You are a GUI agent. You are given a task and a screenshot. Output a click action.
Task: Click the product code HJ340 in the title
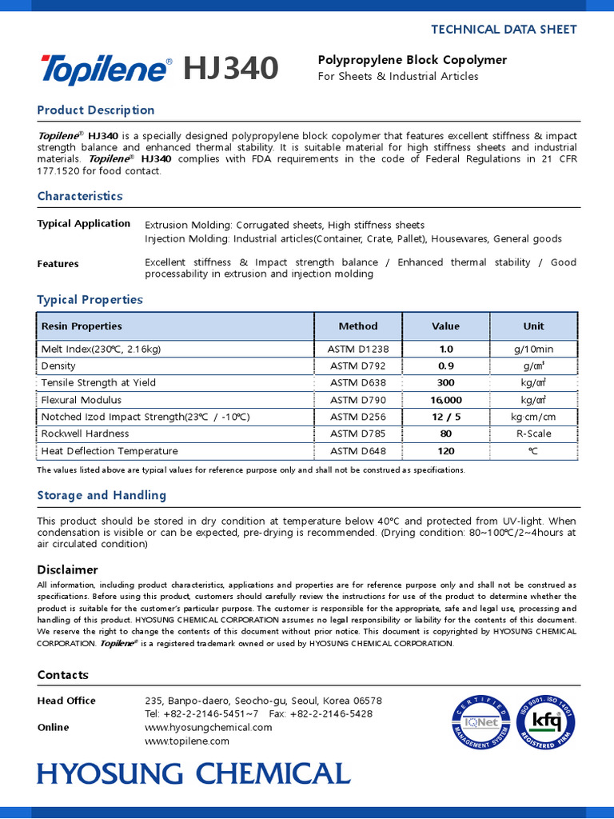[x=231, y=70]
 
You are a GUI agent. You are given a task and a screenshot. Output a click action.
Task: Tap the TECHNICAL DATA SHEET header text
[x=504, y=30]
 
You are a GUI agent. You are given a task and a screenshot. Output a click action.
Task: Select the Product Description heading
[x=96, y=110]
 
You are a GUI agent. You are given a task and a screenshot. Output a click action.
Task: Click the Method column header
[x=358, y=326]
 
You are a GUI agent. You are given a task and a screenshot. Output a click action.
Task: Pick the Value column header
[x=445, y=326]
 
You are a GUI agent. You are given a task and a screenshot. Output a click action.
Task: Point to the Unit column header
[x=533, y=326]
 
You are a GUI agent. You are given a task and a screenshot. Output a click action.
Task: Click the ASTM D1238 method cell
[x=358, y=350]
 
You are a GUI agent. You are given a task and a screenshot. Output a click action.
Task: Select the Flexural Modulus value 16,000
[x=445, y=400]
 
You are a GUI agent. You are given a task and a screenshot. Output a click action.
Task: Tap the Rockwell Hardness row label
[x=85, y=433]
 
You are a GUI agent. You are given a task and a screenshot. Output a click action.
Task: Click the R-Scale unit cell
[x=533, y=433]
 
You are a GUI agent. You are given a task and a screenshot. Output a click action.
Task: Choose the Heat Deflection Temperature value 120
[x=445, y=451]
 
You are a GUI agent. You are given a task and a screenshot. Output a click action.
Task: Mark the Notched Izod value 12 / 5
[x=445, y=417]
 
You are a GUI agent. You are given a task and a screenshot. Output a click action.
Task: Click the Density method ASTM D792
[x=358, y=366]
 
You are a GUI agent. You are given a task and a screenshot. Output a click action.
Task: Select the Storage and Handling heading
[x=102, y=496]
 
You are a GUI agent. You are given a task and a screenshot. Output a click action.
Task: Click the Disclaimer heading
[x=67, y=570]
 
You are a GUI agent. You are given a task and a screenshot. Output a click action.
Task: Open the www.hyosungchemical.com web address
[x=209, y=728]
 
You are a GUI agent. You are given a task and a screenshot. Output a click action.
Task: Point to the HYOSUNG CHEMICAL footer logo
[x=193, y=773]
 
